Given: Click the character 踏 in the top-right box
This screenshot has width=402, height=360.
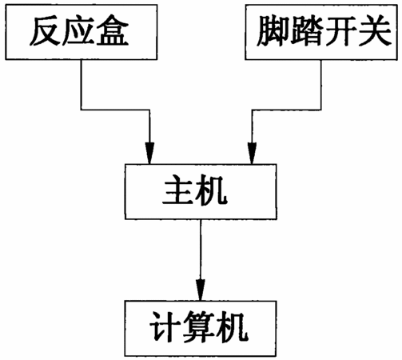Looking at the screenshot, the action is pyautogui.click(x=305, y=31).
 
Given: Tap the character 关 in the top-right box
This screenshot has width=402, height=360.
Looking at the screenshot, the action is pyautogui.click(x=373, y=31).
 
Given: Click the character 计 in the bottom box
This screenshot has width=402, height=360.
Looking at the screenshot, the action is pyautogui.click(x=165, y=327).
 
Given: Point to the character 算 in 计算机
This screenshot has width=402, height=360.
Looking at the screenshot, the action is pyautogui.click(x=199, y=327).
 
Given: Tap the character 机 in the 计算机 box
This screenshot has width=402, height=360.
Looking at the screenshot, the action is pyautogui.click(x=233, y=327).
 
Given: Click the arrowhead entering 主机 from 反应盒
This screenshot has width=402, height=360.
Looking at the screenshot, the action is pyautogui.click(x=149, y=153).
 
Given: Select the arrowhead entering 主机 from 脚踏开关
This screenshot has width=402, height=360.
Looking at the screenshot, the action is pyautogui.click(x=252, y=153).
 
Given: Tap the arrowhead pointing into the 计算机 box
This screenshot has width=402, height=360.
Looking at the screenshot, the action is pyautogui.click(x=201, y=290).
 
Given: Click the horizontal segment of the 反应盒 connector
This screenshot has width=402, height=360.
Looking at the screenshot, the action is pyautogui.click(x=115, y=110).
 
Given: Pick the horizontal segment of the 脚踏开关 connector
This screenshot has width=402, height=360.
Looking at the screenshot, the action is pyautogui.click(x=286, y=110).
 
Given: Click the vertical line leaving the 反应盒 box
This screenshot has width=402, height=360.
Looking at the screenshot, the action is pyautogui.click(x=81, y=84).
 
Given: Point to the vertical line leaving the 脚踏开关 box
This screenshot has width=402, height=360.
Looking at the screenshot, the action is pyautogui.click(x=320, y=85).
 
